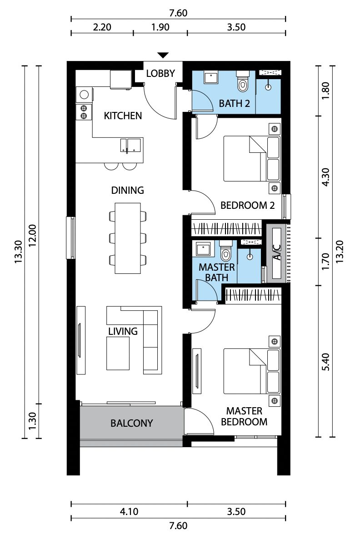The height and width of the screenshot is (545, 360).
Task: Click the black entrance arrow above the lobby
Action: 163,55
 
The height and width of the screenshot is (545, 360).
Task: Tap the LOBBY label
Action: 160,73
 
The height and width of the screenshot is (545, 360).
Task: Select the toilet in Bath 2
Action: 243,81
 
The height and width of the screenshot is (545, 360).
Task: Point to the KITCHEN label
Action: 123,116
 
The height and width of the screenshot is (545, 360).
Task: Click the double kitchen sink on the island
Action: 131,145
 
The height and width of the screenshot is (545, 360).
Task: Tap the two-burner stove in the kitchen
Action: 84,112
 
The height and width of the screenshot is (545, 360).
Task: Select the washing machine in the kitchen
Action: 85,95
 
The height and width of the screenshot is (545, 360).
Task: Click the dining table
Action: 128,238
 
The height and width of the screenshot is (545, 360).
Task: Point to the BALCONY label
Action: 131,423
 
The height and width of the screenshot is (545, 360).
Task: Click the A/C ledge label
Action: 277,252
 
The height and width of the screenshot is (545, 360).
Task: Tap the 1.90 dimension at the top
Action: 160,27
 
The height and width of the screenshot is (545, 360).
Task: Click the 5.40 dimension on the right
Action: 325,362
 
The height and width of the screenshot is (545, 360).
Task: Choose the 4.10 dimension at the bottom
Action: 129,512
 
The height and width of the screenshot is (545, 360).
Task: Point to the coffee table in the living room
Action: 118,353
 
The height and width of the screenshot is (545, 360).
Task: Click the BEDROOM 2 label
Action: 248,206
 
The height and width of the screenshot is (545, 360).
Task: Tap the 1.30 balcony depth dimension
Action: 32,421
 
